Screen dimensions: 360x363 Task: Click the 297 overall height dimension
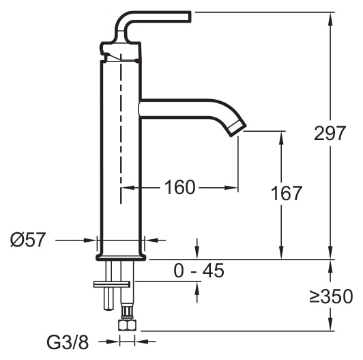point(330,134)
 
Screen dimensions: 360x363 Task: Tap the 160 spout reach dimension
point(180,187)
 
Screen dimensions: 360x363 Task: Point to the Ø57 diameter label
point(28,240)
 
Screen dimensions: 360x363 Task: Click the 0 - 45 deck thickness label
point(199,271)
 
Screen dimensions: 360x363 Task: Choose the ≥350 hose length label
point(331,296)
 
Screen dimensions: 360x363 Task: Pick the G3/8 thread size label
point(68,342)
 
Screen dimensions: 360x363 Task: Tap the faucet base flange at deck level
point(121,257)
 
